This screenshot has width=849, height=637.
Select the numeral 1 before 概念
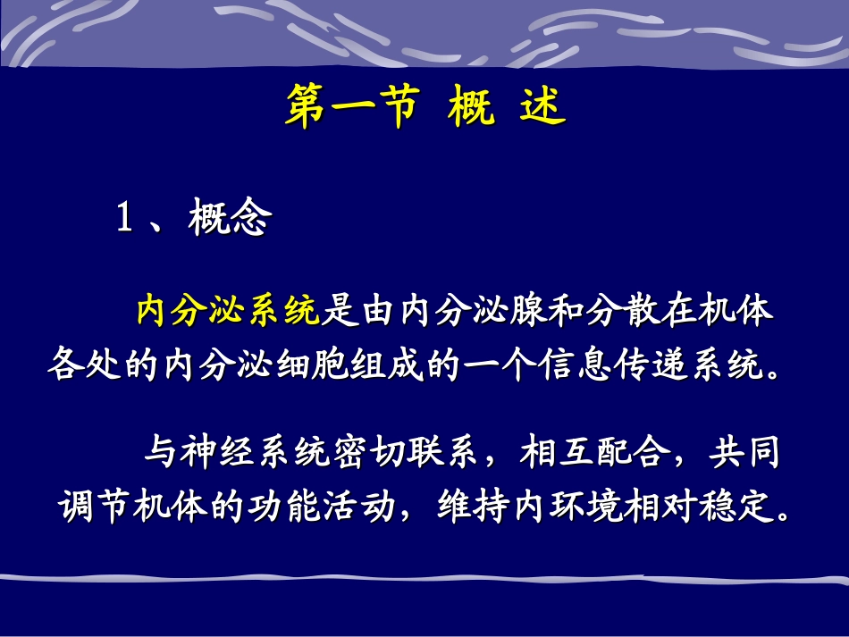125,220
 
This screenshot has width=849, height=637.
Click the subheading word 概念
229,220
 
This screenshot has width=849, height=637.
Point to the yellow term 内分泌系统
227,312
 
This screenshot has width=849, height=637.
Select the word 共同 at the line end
745,454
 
